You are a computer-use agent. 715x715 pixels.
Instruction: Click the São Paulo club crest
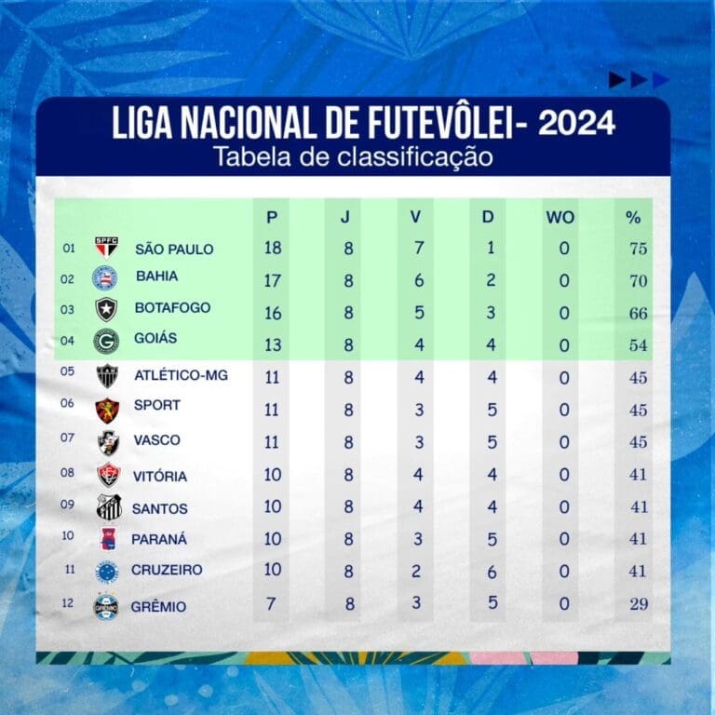click(106, 248)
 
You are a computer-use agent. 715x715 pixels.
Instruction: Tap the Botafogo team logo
click(106, 309)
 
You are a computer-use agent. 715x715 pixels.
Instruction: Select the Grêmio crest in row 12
click(106, 607)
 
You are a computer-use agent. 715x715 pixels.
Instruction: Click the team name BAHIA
click(156, 277)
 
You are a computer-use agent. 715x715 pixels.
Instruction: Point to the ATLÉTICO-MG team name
click(182, 375)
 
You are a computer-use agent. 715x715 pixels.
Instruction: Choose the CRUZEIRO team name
click(169, 570)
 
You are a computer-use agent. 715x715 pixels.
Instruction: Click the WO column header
click(560, 217)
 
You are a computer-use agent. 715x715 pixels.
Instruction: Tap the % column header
click(633, 218)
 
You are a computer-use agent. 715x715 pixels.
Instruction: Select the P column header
click(272, 217)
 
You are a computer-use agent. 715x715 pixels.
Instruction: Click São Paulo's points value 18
click(272, 248)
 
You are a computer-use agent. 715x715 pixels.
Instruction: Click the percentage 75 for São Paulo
click(638, 249)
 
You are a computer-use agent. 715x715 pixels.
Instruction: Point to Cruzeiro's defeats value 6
click(492, 571)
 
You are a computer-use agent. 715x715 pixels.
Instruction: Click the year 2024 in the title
click(576, 125)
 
